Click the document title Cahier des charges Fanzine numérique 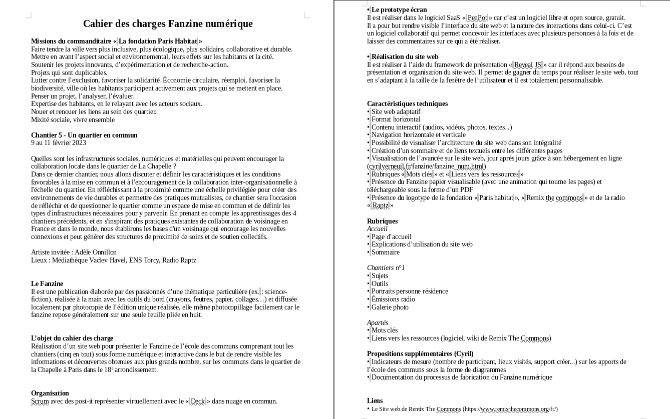[168, 23]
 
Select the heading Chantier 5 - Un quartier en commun [84, 135]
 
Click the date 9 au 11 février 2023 [59, 142]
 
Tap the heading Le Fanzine [47, 283]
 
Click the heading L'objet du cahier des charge [72, 338]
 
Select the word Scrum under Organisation [40, 401]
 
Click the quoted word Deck [198, 401]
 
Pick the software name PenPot [477, 17]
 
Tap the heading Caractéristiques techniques [407, 103]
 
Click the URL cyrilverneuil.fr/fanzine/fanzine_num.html [426, 166]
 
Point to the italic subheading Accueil [377, 228]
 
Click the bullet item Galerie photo [390, 307]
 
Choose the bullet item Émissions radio [393, 299]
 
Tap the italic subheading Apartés [378, 322]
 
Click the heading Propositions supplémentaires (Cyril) [420, 353]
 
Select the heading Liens [375, 400]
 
